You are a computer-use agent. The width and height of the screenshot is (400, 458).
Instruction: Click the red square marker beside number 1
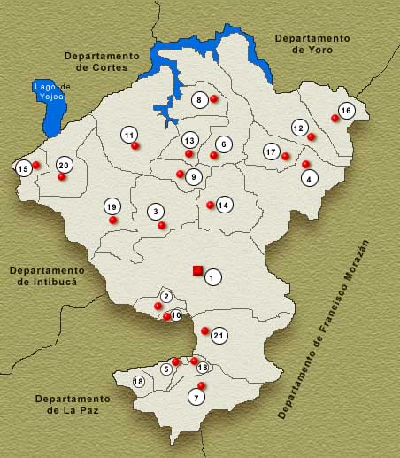coord(197,270)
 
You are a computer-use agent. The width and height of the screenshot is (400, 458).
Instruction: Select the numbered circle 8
coord(201,99)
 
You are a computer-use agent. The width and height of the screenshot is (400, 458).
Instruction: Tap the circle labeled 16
coord(346,111)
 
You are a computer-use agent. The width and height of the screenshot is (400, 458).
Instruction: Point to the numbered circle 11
coord(129,135)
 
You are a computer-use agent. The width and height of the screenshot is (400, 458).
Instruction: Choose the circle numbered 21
coord(219,335)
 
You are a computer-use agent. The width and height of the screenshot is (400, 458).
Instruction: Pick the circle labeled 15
coord(24,167)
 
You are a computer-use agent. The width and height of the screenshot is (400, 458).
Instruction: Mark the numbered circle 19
coord(112,206)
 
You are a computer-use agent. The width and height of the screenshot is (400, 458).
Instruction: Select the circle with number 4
coord(309,178)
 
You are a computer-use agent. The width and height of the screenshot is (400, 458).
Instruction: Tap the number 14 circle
coord(224,205)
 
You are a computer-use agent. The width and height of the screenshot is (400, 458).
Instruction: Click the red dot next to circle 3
coord(161,225)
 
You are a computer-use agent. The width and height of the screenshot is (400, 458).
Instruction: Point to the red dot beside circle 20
coord(62,176)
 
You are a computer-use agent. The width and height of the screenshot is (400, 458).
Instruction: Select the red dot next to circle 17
coord(286,157)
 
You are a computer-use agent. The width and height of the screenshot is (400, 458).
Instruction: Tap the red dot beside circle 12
coord(312,136)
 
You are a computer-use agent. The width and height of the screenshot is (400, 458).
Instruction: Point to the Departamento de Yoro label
coord(312,44)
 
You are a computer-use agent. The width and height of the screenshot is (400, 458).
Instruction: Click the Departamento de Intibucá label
coord(48,275)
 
